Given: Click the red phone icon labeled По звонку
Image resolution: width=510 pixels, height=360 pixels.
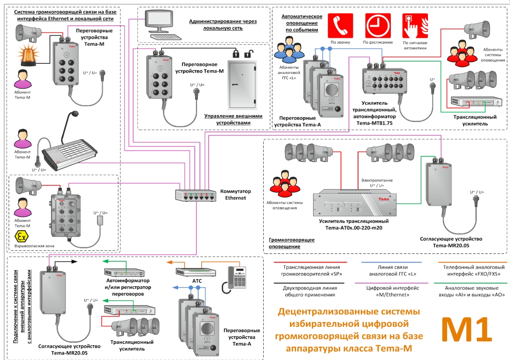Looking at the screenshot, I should tap(340, 26).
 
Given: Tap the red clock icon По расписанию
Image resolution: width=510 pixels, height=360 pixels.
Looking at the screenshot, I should tap(378, 26).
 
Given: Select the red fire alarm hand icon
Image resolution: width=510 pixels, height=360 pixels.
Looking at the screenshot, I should tap(415, 26).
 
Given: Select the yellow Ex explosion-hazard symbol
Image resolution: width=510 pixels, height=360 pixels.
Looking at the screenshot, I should tap(21, 236).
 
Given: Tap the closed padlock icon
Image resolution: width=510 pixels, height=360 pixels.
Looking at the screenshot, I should tap(236, 54).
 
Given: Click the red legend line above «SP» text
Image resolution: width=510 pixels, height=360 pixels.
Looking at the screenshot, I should tap(309, 263).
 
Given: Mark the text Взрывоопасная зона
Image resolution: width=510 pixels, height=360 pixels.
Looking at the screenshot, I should tap(34, 246).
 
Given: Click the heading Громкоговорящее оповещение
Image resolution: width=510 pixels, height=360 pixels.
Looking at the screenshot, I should tap(291, 243).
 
